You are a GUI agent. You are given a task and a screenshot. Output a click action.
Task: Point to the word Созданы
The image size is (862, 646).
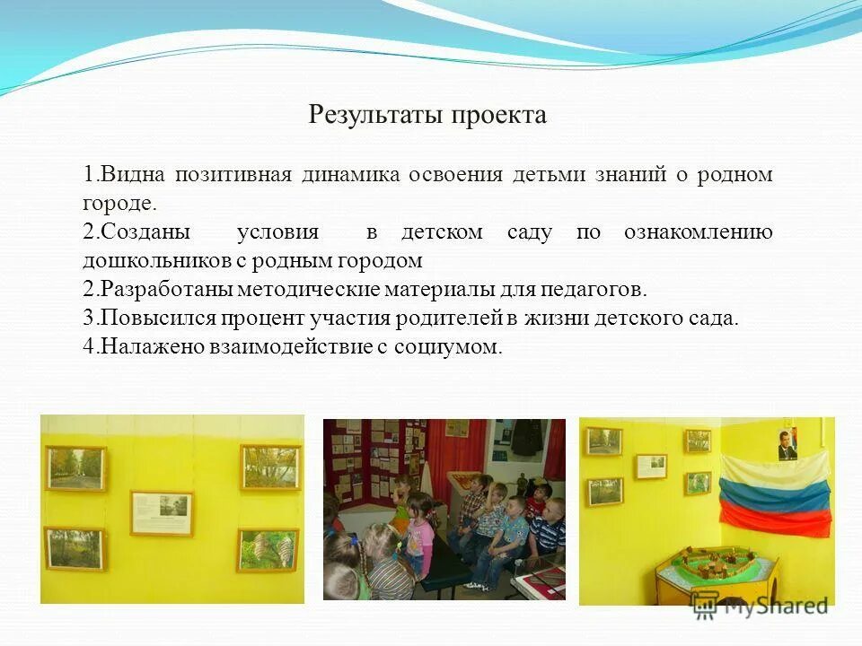(145, 232)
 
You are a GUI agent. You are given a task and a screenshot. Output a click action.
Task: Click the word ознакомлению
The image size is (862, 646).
(698, 232)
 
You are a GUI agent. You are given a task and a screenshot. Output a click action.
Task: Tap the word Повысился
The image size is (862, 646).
(158, 319)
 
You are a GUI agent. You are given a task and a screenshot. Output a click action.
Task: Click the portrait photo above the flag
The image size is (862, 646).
(787, 442)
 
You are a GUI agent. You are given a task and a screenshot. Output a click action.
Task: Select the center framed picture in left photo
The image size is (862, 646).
(161, 513)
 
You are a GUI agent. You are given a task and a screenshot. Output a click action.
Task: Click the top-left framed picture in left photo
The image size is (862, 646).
(75, 468)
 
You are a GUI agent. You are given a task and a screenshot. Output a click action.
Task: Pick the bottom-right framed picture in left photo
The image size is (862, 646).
(268, 549)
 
